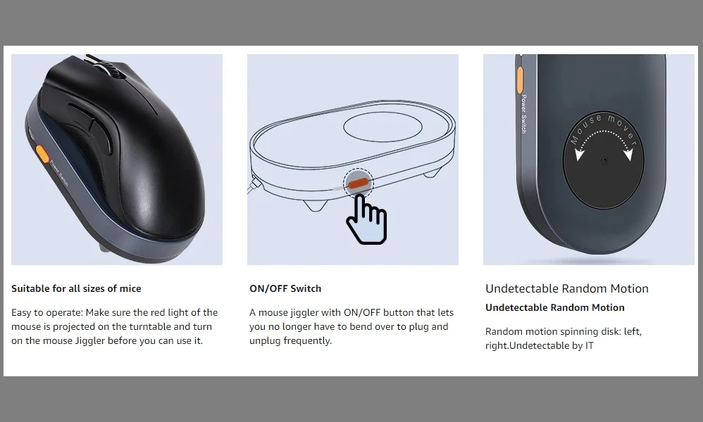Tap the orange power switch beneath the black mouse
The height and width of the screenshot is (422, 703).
pos(42,154)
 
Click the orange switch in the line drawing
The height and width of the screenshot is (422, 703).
pos(359,184)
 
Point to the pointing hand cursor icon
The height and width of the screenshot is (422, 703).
pos(366,219)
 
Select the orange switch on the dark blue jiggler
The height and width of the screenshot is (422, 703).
pos(520,80)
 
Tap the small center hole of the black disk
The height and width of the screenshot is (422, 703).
pos(604,160)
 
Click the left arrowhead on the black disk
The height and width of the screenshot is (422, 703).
pos(580,154)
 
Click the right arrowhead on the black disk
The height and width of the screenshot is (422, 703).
pos(628,154)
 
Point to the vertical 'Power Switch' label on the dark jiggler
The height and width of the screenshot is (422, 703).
pos(523,114)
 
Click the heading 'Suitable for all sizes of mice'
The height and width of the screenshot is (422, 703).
pos(76,288)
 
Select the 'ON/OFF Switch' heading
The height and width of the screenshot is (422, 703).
pos(285,288)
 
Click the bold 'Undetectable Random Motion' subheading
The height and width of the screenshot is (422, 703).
pos(555,307)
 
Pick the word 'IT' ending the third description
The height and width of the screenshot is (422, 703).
pos(589,345)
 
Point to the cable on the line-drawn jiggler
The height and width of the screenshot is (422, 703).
pos(252,185)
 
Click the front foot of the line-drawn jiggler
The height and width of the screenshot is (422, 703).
pos(315,205)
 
